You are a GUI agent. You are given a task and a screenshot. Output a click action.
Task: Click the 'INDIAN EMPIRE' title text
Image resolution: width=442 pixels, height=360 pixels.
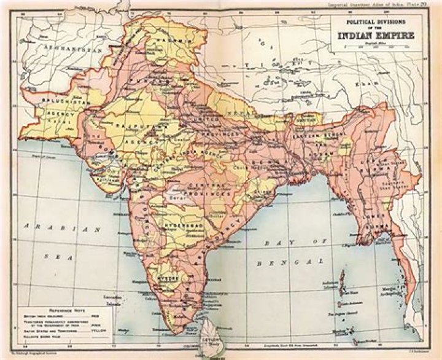point(374,34)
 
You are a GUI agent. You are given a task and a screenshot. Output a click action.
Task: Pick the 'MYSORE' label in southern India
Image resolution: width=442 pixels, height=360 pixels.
point(172,278)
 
